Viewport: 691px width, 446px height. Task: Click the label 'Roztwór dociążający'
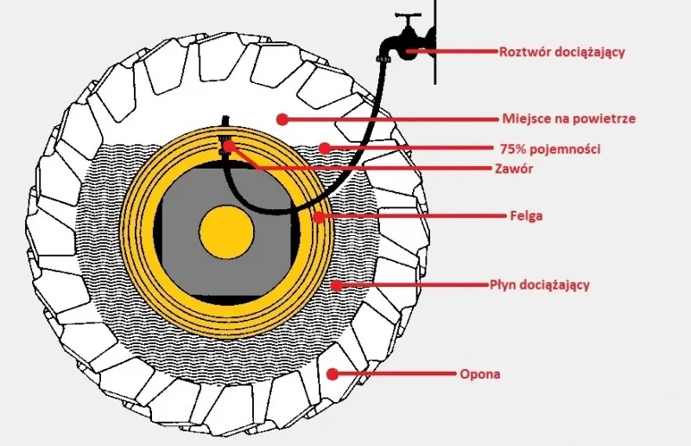(561, 52)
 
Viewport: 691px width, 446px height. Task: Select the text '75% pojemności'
(550, 150)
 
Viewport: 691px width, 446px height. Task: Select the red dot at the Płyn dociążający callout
(333, 284)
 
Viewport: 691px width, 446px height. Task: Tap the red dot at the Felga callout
(320, 216)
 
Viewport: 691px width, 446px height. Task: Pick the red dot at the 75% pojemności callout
(325, 149)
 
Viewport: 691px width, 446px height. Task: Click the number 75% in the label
(515, 150)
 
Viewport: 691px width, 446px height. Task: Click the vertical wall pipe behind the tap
(435, 43)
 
